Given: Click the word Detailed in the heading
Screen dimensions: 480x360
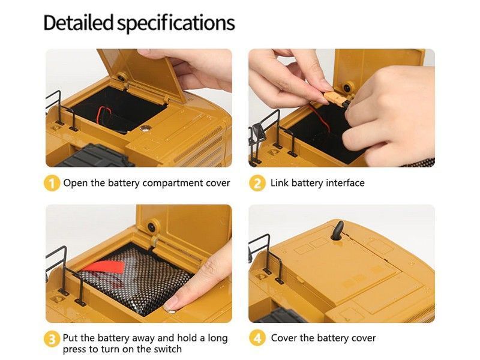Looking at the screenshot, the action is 79,23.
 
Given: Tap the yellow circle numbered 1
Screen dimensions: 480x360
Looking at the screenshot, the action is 52,184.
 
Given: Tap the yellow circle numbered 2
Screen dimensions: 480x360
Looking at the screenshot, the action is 257,184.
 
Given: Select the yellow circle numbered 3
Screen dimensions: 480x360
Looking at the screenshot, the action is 52,339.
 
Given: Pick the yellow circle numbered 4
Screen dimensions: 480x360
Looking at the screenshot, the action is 257,338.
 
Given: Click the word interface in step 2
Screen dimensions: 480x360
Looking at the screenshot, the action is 345,183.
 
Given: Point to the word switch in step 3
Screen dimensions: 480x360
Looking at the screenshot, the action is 167,349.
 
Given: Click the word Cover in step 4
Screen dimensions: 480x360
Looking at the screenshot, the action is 284,338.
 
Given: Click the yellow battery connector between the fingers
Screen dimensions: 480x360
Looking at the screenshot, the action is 334,98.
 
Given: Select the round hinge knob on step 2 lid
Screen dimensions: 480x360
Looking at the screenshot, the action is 348,88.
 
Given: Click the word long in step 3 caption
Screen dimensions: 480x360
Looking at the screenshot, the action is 218,338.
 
